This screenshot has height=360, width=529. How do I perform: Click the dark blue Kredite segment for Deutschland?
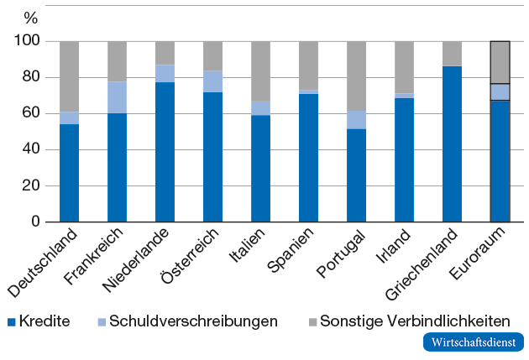pyautogui.click(x=69, y=173)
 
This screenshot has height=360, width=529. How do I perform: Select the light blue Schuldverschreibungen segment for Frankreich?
pyautogui.click(x=117, y=97)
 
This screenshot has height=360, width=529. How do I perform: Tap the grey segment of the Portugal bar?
pyautogui.click(x=356, y=76)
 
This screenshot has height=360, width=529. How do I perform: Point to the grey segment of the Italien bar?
pyautogui.click(x=260, y=71)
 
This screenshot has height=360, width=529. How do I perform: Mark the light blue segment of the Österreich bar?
pyautogui.click(x=212, y=81)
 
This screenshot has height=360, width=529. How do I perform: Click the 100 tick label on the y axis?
pyautogui.click(x=28, y=41)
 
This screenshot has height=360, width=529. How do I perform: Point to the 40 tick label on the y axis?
pyautogui.click(x=32, y=149)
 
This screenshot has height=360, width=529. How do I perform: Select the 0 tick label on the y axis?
pyautogui.click(x=36, y=222)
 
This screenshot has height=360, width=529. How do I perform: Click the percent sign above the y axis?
pyautogui.click(x=31, y=17)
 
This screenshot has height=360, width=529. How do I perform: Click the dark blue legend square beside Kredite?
pyautogui.click(x=11, y=321)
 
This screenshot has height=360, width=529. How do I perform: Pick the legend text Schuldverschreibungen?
pyautogui.click(x=193, y=321)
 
